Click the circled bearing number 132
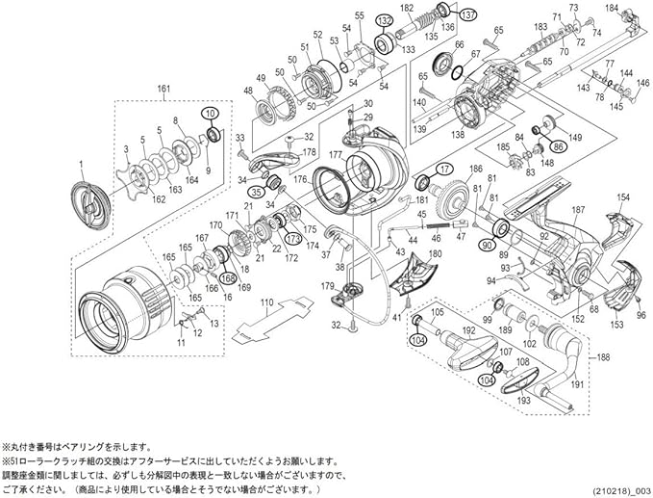pos(385,20)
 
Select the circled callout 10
pos(210,114)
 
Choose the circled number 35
pos(258,191)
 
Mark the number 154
pos(623,197)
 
